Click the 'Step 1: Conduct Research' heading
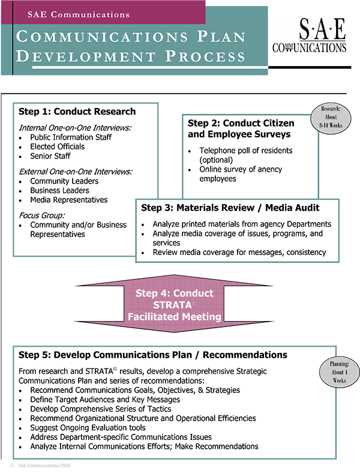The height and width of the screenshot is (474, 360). [x=77, y=112]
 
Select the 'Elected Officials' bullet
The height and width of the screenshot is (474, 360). [x=58, y=146]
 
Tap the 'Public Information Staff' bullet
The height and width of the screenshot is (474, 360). [x=71, y=137]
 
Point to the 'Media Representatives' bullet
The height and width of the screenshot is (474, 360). [x=69, y=200]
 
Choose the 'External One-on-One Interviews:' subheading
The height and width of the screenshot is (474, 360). [x=75, y=171]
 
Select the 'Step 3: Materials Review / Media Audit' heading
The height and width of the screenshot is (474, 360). [x=230, y=208]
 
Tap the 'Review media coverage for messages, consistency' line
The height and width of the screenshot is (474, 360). [x=239, y=253]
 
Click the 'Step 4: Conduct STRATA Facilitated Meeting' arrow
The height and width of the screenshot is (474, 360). [x=175, y=305]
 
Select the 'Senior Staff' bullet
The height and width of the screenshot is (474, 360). [x=50, y=156]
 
